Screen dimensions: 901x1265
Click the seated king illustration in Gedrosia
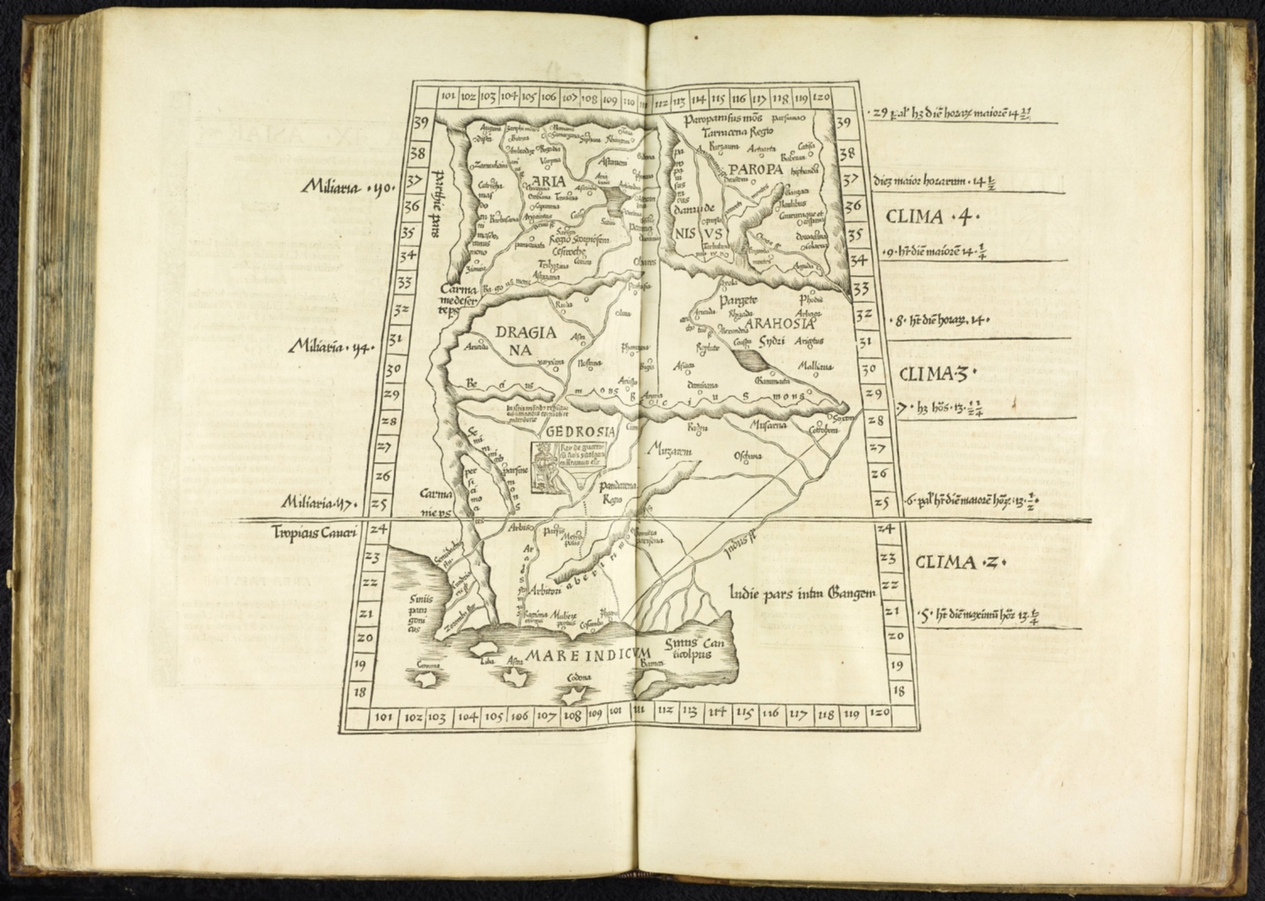tap(544, 467)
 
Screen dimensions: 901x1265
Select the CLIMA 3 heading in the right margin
tap(931, 375)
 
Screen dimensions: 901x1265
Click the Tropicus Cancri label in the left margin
tap(315, 534)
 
